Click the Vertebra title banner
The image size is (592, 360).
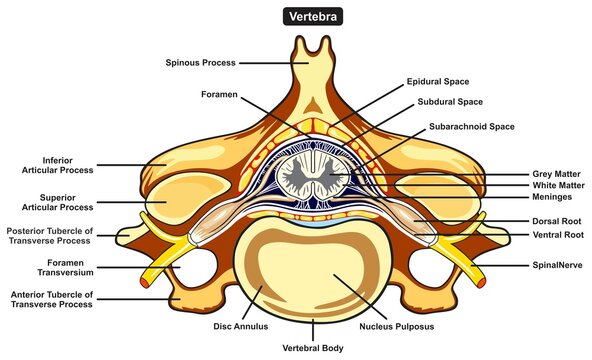click(x=295, y=17)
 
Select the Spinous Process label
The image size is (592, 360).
click(x=200, y=63)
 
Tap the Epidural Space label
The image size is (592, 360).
click(x=437, y=82)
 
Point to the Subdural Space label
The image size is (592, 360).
click(x=443, y=102)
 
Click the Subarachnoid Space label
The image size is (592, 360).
click(x=470, y=127)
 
